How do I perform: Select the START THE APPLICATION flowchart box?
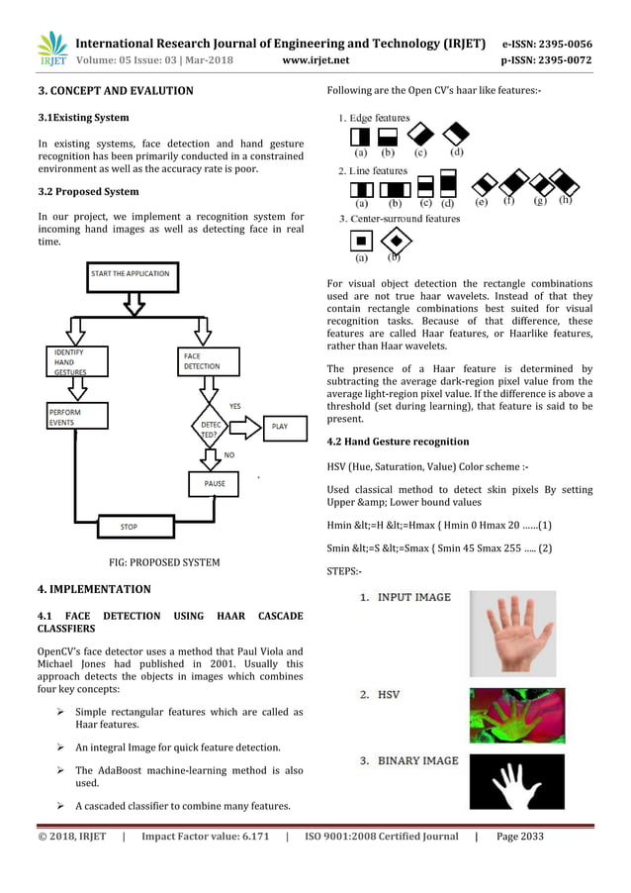[130, 273]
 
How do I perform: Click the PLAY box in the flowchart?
[279, 427]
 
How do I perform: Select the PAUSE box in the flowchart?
[215, 484]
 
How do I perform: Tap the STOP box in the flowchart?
[129, 527]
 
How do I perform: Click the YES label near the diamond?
[234, 406]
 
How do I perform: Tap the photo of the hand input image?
[512, 634]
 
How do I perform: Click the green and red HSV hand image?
[516, 716]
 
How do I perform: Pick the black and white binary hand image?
[516, 782]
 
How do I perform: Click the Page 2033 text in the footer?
[519, 837]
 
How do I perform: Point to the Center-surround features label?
[400, 218]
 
